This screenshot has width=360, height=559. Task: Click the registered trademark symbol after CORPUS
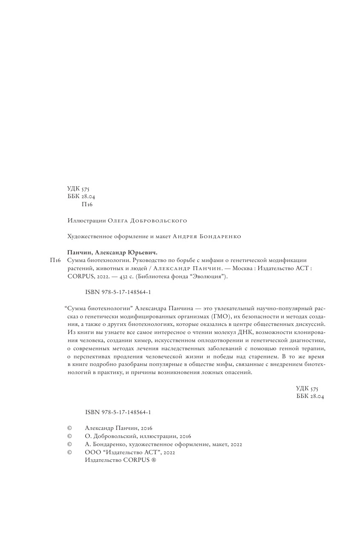[154, 460]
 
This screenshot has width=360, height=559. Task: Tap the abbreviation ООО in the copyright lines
[92, 452]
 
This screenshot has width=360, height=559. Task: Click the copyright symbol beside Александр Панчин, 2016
[69, 428]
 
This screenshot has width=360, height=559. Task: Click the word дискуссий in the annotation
[311, 324]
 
